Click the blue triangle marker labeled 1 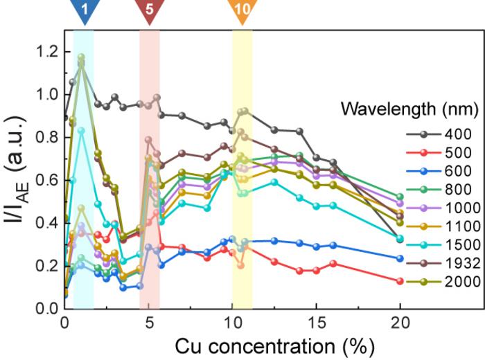pyautogui.click(x=84, y=12)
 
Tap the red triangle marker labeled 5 pyautogui.click(x=149, y=12)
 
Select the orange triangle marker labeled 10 pyautogui.click(x=242, y=12)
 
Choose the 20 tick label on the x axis pyautogui.click(x=400, y=323)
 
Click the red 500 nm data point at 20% pyautogui.click(x=400, y=280)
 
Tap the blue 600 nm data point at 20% pyautogui.click(x=400, y=258)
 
